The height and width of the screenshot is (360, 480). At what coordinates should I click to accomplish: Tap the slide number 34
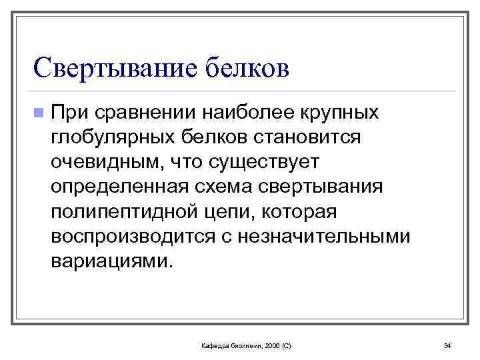tap(447, 345)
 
